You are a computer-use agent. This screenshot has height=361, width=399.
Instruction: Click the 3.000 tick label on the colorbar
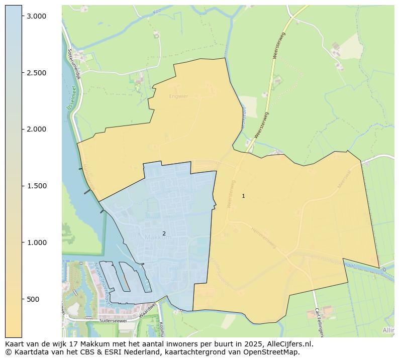(37, 16)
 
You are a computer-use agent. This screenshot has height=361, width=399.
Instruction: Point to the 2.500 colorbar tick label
(37, 73)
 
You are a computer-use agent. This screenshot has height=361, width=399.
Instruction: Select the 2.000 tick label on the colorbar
(37, 129)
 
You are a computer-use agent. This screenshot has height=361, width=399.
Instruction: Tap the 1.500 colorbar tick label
(37, 186)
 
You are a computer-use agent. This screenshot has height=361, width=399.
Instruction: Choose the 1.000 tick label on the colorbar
(37, 243)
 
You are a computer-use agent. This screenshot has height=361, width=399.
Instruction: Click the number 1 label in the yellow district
(243, 196)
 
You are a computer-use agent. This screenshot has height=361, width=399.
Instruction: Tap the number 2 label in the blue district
(164, 233)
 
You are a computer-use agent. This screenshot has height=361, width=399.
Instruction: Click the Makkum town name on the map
(158, 237)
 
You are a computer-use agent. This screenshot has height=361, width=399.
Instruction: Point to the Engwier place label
(178, 96)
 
